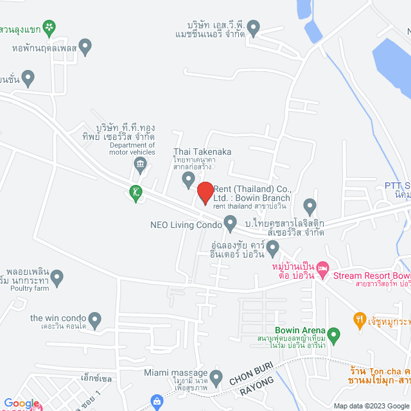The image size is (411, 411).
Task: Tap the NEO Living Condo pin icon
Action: [231, 224]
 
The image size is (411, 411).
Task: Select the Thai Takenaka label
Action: [202, 152]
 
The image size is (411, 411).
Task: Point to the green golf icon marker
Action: [136, 191]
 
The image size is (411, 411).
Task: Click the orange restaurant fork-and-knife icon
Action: [360, 319]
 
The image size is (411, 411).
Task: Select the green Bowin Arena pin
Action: [333, 335]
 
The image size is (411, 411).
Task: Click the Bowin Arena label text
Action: [306, 332]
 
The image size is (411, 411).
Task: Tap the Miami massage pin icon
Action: [216, 376]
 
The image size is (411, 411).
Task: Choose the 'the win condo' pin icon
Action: [95, 319]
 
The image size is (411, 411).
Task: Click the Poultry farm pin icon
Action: [57, 278]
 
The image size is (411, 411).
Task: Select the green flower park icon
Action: [49, 28]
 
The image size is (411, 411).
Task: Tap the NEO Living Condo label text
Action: [186, 225]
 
